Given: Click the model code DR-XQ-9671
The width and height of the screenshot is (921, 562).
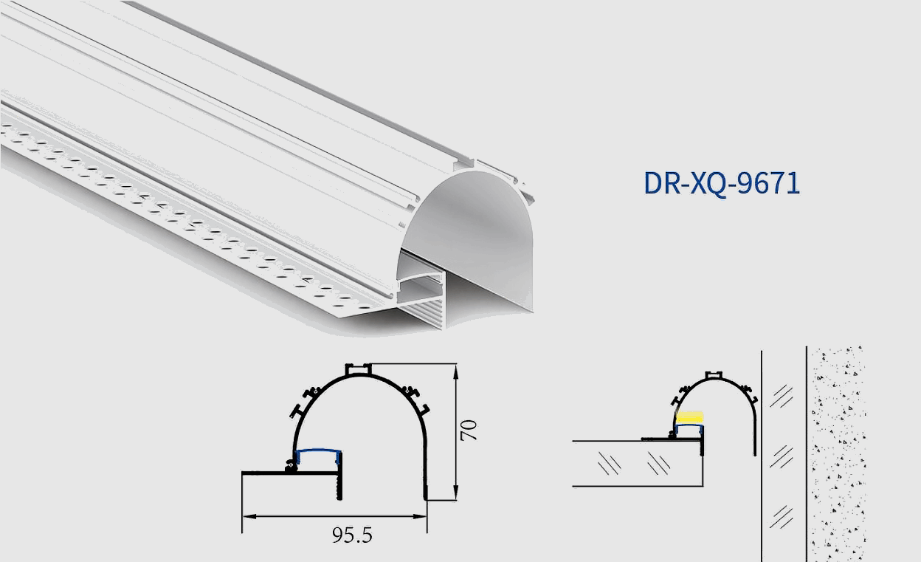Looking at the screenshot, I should point(721,183).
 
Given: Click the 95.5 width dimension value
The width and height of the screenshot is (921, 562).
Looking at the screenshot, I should point(352,535).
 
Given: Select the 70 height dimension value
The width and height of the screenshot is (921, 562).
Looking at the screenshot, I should point(469,431).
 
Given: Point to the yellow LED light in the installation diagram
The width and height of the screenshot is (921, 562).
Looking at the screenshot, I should point(690,417).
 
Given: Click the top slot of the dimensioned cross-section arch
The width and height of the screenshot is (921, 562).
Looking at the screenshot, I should point(359,368).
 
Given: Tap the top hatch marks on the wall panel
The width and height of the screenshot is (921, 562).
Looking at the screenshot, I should point(781,397).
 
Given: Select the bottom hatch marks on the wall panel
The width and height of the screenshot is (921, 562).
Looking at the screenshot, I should point(781,515).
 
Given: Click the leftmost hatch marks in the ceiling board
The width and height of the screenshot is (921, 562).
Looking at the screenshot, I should point(610,464).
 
